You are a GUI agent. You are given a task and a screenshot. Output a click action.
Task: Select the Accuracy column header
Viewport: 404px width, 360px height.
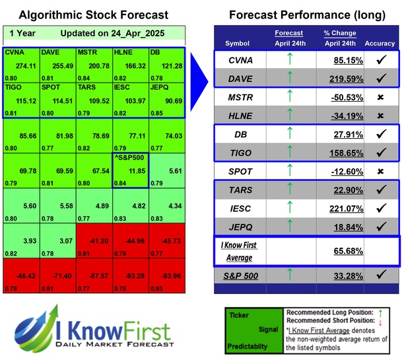pos(380,44)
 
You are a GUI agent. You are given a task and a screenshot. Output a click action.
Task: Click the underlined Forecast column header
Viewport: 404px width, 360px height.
pos(289,32)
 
